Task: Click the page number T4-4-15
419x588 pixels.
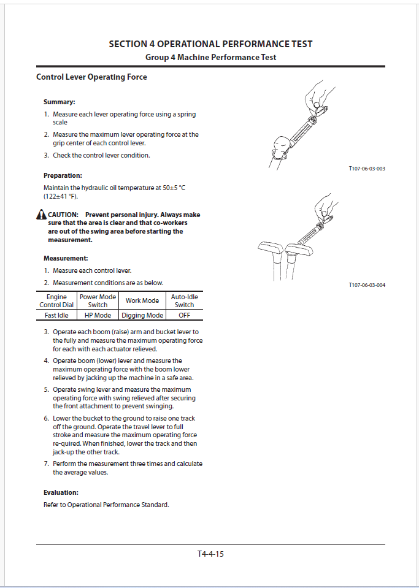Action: pos(210,554)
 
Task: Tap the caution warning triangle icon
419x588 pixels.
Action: pos(40,215)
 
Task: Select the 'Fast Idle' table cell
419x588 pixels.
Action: pos(56,315)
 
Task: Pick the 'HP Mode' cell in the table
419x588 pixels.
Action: pos(98,315)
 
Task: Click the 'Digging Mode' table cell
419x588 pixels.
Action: pos(142,315)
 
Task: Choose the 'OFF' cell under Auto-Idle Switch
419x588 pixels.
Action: pos(184,315)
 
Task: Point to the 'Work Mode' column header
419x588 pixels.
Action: pos(142,300)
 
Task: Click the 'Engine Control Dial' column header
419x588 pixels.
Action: pos(56,300)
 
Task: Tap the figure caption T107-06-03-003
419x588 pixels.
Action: pos(366,168)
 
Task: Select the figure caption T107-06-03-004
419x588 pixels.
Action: pos(366,285)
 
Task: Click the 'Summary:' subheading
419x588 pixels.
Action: pos(59,102)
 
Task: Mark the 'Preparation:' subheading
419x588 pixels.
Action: pos(63,175)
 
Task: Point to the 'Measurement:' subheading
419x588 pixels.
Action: pos(66,258)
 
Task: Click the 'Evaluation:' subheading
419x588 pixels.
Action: pos(61,492)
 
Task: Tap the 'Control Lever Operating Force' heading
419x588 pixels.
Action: pos(91,77)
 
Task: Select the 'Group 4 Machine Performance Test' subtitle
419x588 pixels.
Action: pos(210,57)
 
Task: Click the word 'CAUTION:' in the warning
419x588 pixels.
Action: pos(63,215)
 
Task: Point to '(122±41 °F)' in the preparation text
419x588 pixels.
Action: pos(61,196)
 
